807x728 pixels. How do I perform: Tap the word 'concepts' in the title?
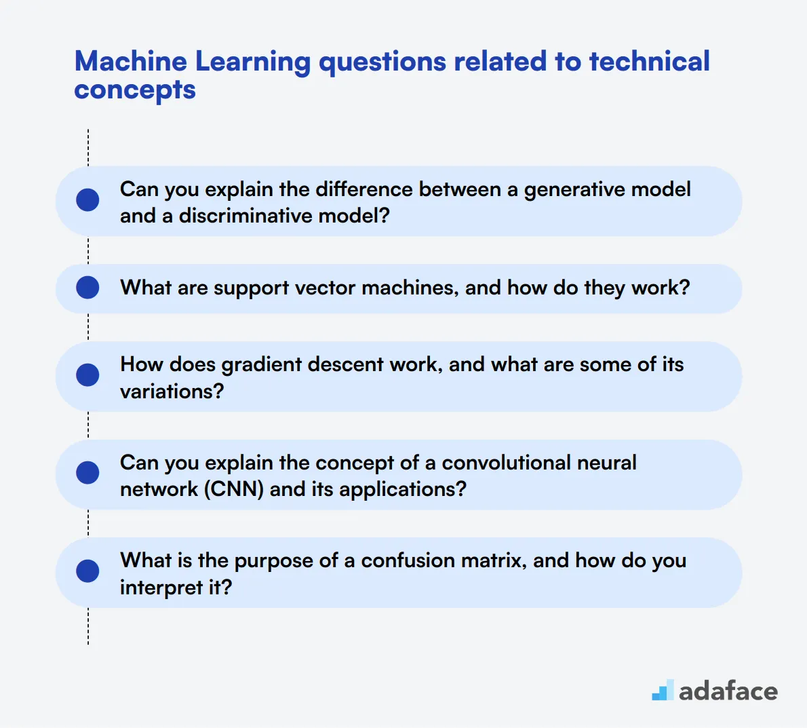click(x=135, y=90)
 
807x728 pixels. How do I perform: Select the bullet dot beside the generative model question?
click(x=88, y=200)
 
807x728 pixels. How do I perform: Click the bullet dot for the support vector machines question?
click(x=88, y=288)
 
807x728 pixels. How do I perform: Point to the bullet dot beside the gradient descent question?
click(x=88, y=375)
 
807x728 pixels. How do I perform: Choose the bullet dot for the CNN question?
click(x=88, y=473)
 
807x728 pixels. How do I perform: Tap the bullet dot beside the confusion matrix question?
click(x=88, y=571)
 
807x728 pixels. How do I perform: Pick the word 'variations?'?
click(x=172, y=391)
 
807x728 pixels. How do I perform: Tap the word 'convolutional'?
click(x=496, y=463)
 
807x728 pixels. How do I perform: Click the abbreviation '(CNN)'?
click(x=234, y=489)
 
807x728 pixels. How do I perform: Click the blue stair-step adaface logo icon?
click(x=663, y=690)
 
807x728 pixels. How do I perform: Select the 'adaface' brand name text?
click(x=728, y=691)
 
